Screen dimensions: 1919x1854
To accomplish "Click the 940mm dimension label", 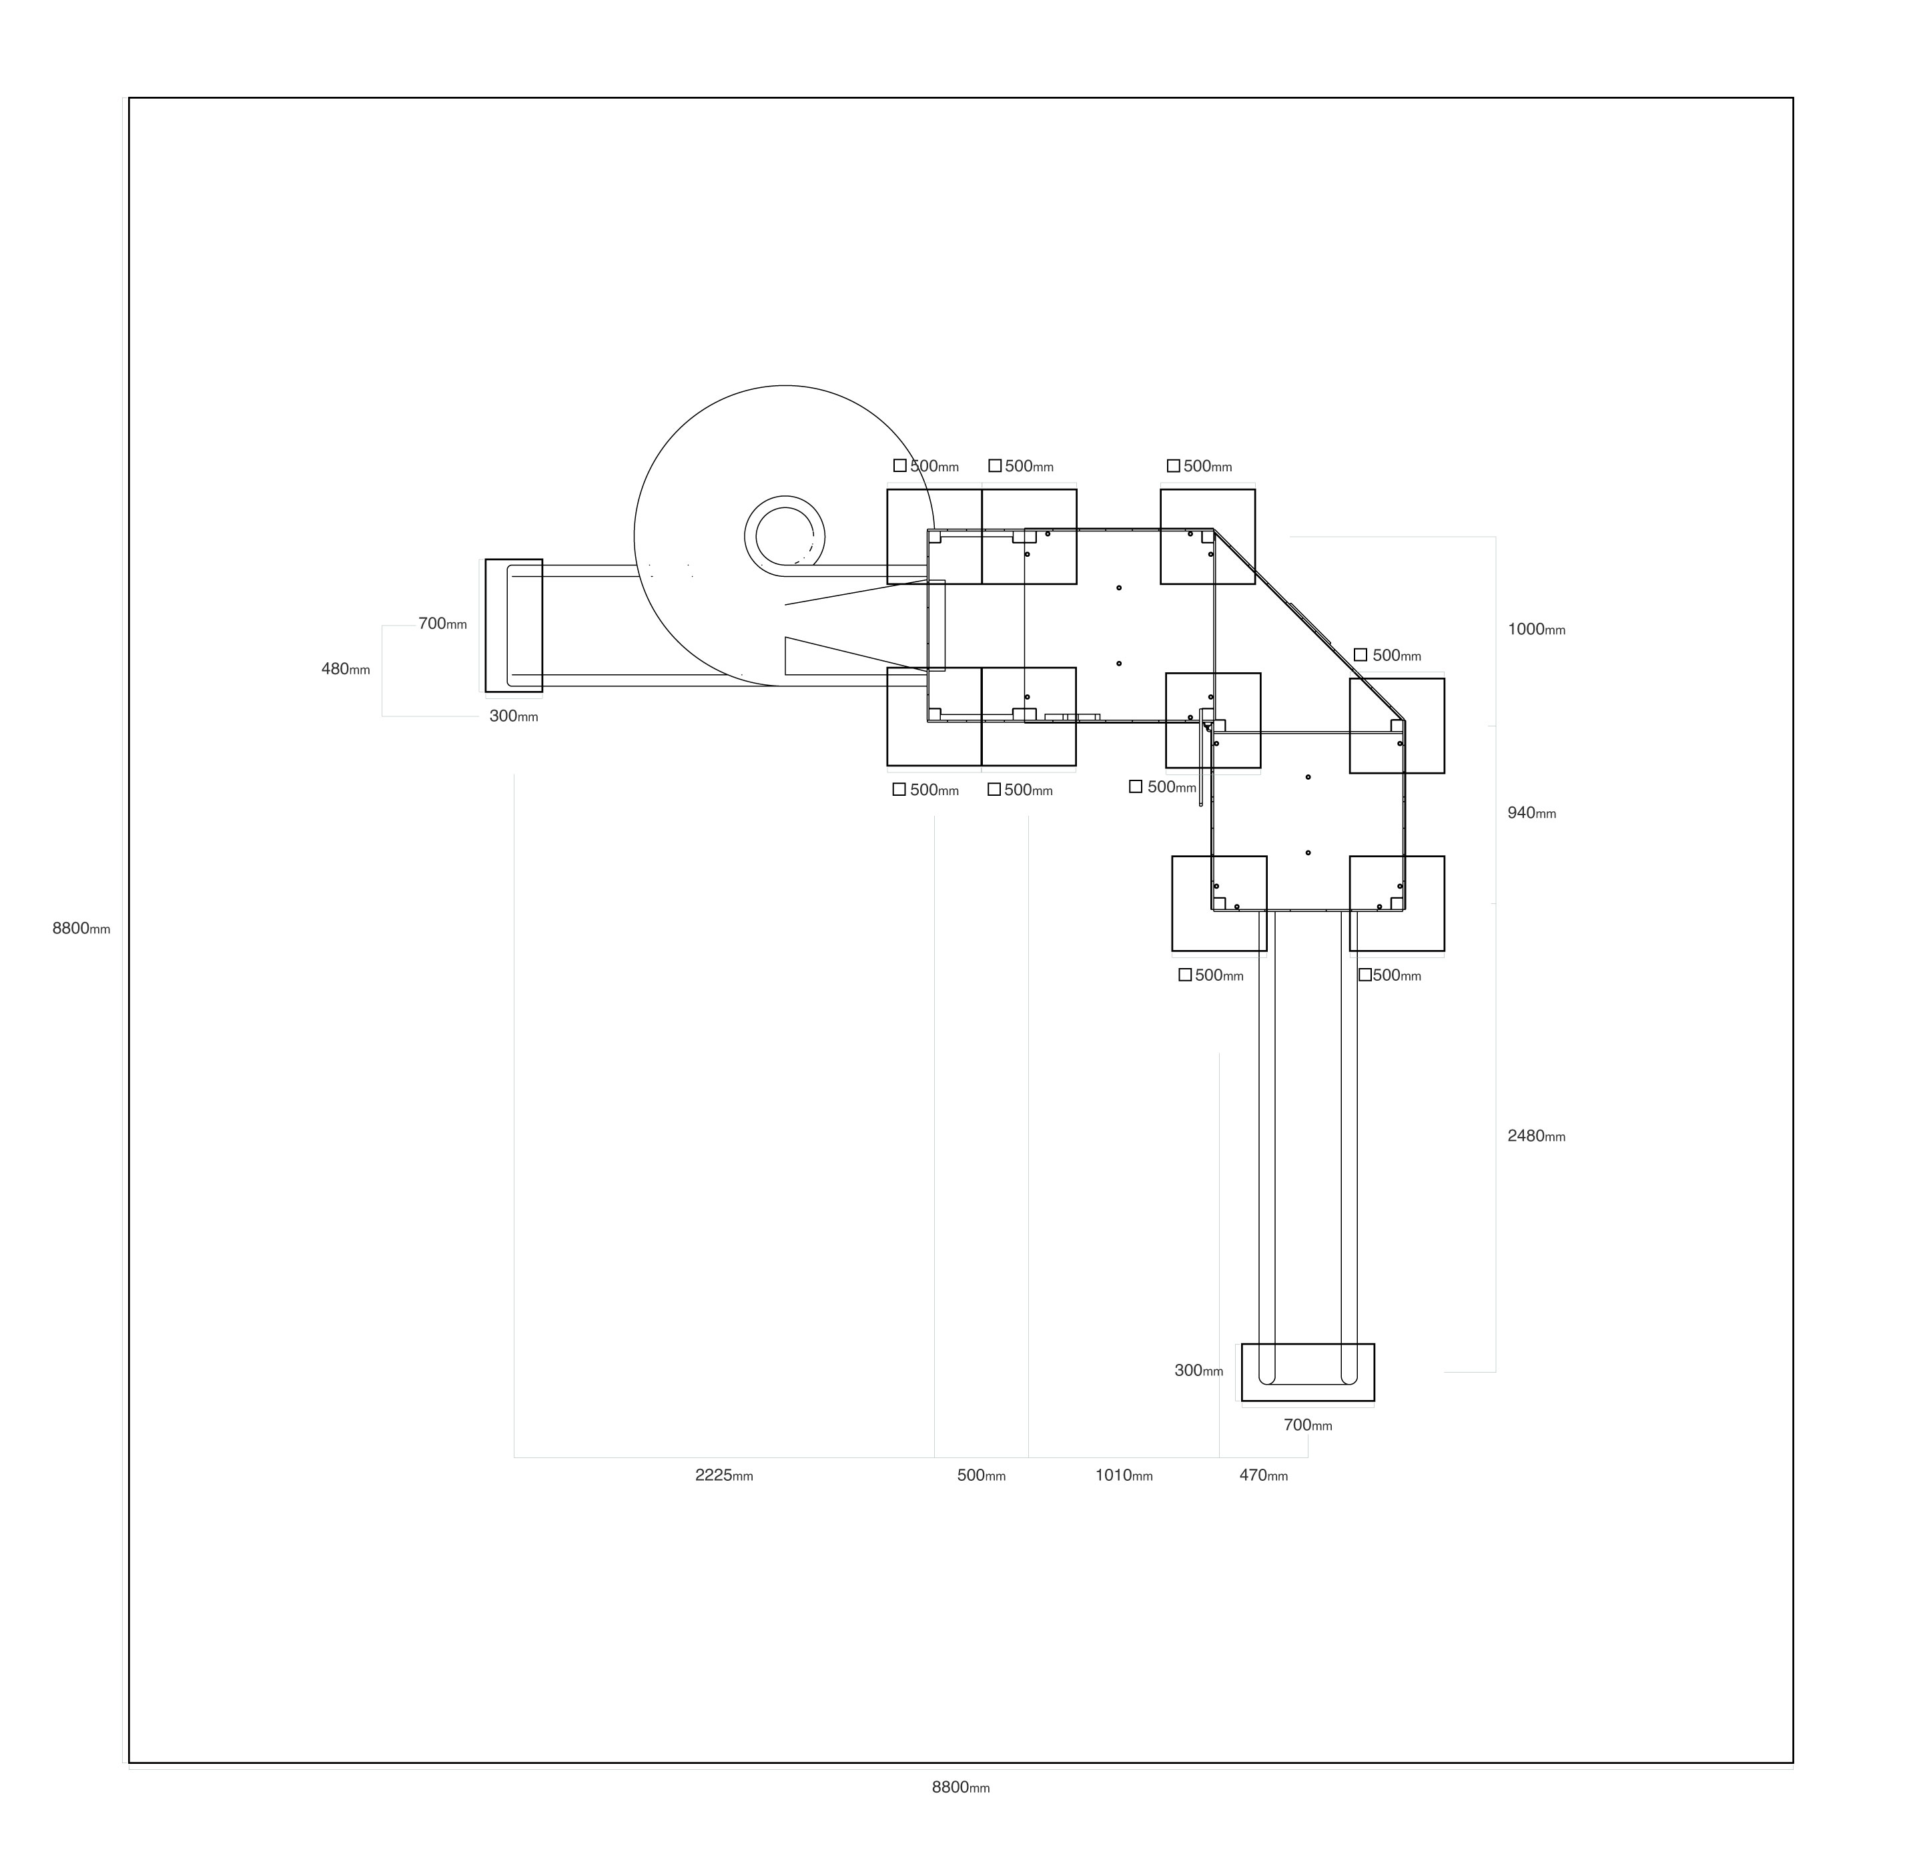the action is (x=1531, y=813).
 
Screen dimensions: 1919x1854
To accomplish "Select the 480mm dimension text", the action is (x=346, y=669).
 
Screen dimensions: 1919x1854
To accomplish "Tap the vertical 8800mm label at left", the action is (x=81, y=929).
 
